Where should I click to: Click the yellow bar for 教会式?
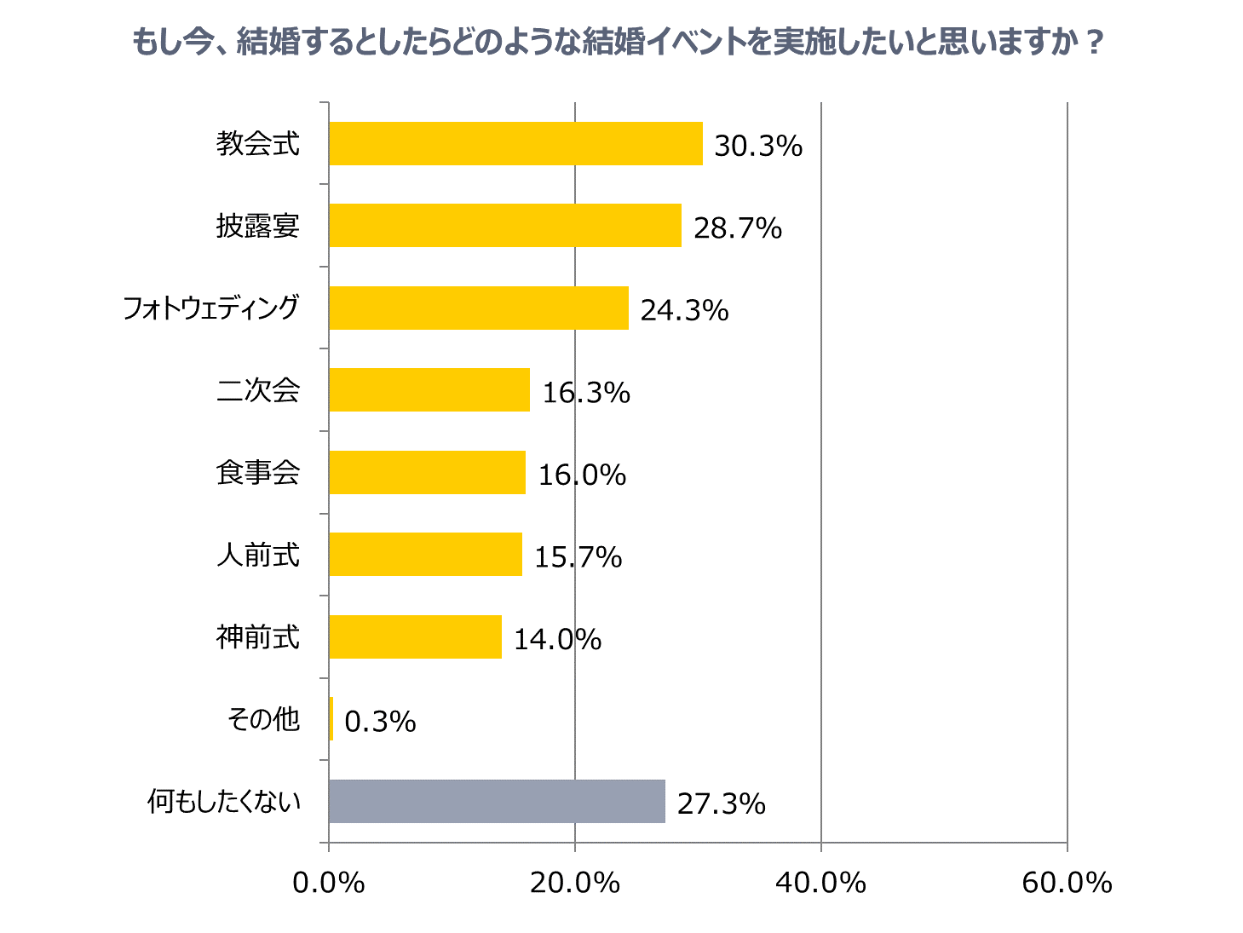coord(515,143)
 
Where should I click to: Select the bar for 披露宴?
coord(505,226)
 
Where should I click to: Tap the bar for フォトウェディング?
coord(478,308)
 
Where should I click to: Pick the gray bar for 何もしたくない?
coord(496,801)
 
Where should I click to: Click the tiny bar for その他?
coord(331,719)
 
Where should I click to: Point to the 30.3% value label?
coord(758,147)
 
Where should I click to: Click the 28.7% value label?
coord(738,228)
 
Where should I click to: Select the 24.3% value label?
coord(684,311)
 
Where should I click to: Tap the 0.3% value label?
coord(380,723)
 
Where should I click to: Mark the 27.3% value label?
coord(721,804)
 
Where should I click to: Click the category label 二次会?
coord(258,390)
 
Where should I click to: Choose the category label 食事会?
coord(258,472)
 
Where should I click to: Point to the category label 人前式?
coord(258,555)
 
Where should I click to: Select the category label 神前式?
coord(258,636)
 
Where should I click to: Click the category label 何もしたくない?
coord(224,802)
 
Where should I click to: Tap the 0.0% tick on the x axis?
coord(329,884)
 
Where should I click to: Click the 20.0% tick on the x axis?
coord(575,884)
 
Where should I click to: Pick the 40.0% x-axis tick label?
coord(820,884)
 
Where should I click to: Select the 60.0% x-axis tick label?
coord(1067,884)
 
